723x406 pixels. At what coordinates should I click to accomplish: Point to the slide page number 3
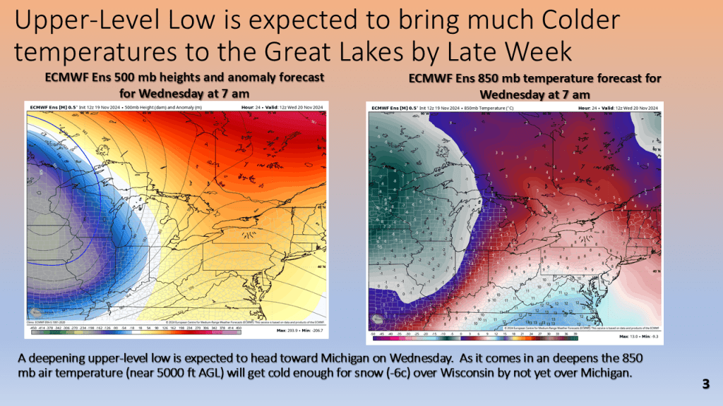pyautogui.click(x=705, y=384)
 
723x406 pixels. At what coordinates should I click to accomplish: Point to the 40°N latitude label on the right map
pyautogui.click(x=655, y=271)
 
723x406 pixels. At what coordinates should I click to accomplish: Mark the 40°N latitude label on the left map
pyautogui.click(x=321, y=267)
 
